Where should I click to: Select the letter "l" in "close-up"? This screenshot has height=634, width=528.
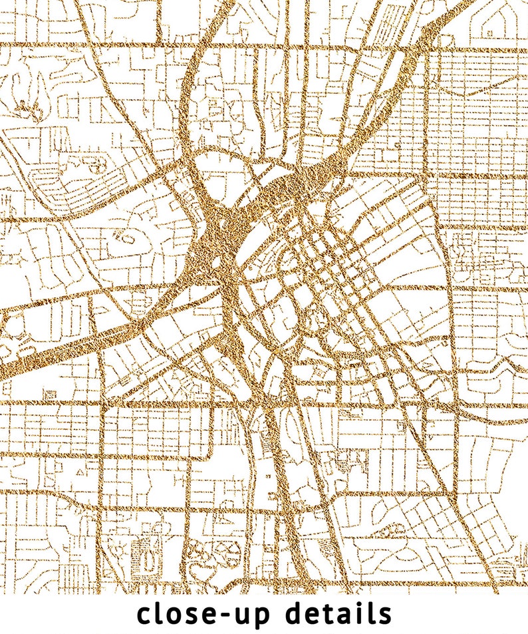coord(161,612)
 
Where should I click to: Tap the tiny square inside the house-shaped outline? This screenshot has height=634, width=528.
coord(490,29)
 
